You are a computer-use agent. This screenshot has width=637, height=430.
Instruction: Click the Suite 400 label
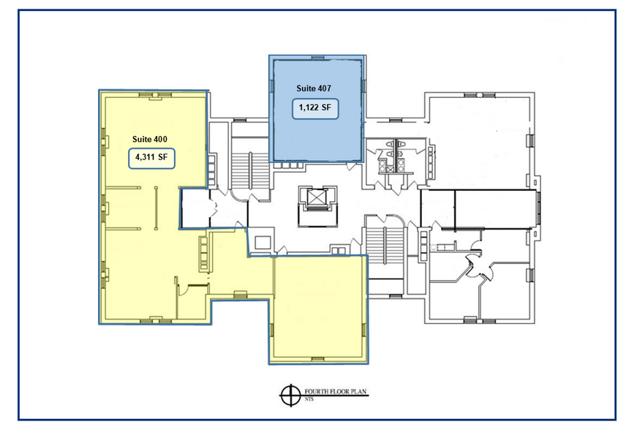pyautogui.click(x=149, y=139)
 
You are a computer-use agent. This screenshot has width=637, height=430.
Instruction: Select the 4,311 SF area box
pyautogui.click(x=151, y=158)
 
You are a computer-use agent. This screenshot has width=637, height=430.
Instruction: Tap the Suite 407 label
pyautogui.click(x=314, y=88)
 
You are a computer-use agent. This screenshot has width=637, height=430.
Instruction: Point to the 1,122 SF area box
pyautogui.click(x=315, y=108)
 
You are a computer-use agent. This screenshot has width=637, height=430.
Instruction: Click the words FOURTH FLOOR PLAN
pyautogui.click(x=336, y=392)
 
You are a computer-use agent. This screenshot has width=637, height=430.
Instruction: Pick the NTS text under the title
pyautogui.click(x=309, y=399)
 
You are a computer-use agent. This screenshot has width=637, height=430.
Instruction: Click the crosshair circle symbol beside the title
pyautogui.click(x=290, y=395)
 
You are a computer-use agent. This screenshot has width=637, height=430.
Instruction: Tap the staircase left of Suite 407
pyautogui.click(x=250, y=170)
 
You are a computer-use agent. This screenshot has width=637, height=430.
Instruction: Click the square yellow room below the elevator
pyautogui.click(x=319, y=308)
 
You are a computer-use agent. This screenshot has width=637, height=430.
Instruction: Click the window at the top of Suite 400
pyautogui.click(x=155, y=95)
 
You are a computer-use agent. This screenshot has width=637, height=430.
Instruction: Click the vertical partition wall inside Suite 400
pyautogui.click(x=156, y=208)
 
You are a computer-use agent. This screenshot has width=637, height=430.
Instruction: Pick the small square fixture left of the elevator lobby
pyautogui.click(x=263, y=242)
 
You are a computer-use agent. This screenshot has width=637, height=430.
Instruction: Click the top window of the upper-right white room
pyautogui.click(x=480, y=95)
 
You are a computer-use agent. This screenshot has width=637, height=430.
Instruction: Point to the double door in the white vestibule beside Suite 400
pyautogui.click(x=214, y=208)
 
